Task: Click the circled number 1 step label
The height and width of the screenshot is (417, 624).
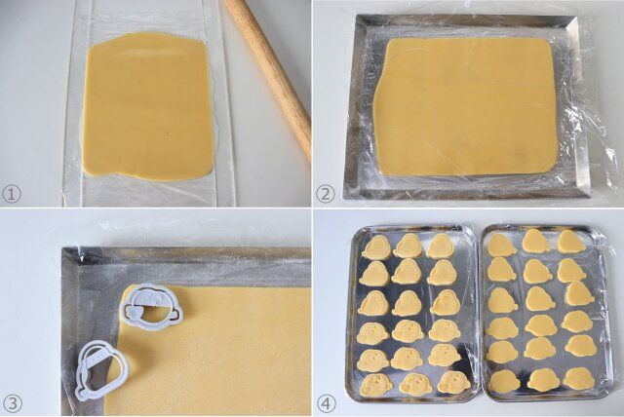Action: click(12, 195)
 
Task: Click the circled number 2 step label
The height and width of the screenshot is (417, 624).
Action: click(326, 195)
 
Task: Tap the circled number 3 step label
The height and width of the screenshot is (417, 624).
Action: click(13, 404)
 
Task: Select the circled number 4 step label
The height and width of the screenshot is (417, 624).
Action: click(327, 404)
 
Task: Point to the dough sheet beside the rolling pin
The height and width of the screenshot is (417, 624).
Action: click(148, 106)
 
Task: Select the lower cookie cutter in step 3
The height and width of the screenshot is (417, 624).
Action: click(101, 370)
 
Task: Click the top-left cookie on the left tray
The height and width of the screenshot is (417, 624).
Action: click(376, 247)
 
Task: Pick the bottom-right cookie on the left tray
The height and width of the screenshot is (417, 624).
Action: click(451, 383)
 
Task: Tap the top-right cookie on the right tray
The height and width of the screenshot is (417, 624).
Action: click(570, 242)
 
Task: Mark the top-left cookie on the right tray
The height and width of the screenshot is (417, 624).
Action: click(500, 245)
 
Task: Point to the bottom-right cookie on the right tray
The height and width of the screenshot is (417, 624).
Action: click(579, 378)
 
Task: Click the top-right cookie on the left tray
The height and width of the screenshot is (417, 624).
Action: click(441, 246)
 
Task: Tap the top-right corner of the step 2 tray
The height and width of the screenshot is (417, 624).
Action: click(578, 17)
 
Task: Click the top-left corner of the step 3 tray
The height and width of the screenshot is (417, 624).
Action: click(62, 248)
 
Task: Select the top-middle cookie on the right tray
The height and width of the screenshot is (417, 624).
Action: click(535, 241)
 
